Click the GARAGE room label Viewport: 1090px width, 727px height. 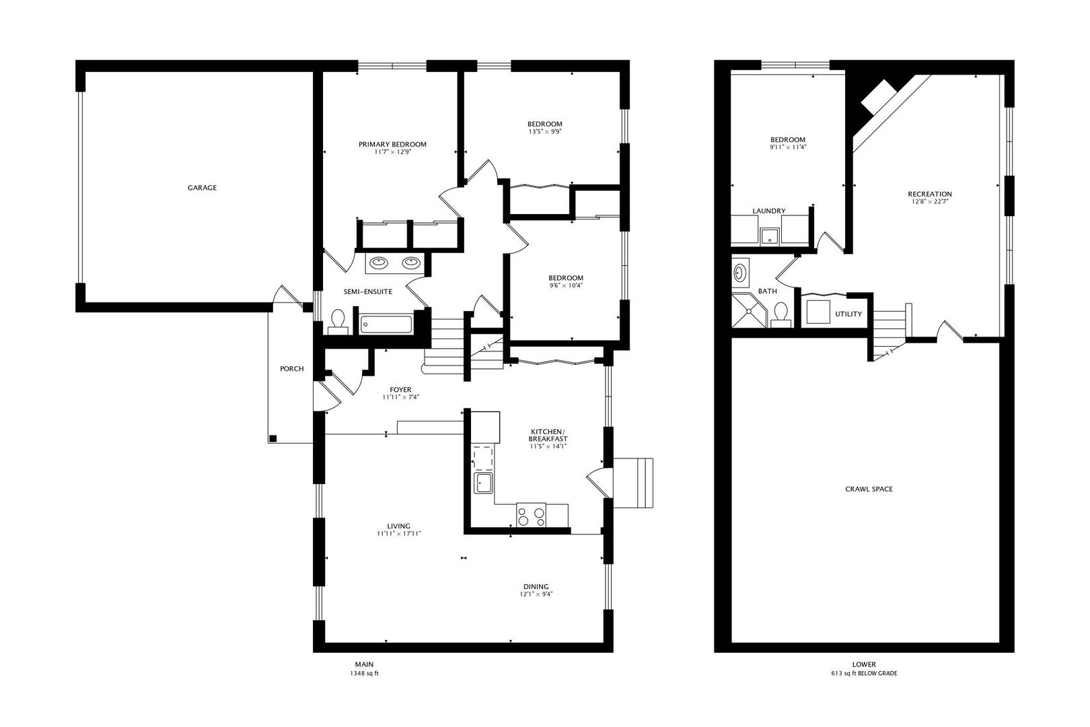(x=202, y=187)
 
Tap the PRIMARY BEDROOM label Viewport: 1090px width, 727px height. (x=392, y=144)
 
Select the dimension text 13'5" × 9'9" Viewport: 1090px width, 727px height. (x=545, y=131)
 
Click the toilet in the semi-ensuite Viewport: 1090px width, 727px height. (x=338, y=322)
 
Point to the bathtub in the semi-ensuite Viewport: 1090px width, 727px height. (x=386, y=324)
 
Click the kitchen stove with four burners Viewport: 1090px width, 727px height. (x=531, y=515)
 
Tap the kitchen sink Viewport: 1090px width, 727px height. (x=483, y=483)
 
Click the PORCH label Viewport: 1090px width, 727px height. (x=291, y=369)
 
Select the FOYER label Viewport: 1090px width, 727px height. (x=400, y=390)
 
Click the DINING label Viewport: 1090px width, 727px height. (x=536, y=587)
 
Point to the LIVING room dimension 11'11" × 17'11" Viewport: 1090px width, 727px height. (x=398, y=534)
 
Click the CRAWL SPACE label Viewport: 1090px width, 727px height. (x=869, y=489)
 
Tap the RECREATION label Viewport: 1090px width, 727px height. (x=929, y=194)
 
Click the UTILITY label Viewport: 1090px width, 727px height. (x=848, y=314)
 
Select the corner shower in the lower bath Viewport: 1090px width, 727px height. (x=750, y=311)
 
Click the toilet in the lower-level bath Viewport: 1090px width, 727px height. (x=780, y=314)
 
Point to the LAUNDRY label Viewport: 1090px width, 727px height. (x=769, y=211)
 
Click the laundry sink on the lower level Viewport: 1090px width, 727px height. (x=769, y=236)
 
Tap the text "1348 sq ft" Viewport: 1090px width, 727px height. (x=364, y=673)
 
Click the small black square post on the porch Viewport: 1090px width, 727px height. (x=273, y=438)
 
